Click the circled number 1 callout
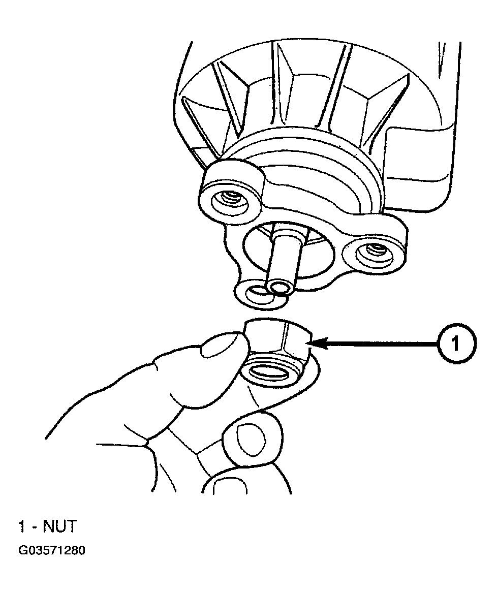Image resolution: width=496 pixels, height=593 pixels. [456, 344]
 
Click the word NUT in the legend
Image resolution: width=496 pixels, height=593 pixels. [60, 526]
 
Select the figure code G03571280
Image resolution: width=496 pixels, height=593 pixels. [51, 550]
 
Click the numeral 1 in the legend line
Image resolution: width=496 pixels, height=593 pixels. [22, 526]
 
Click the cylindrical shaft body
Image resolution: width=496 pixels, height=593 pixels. [285, 257]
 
